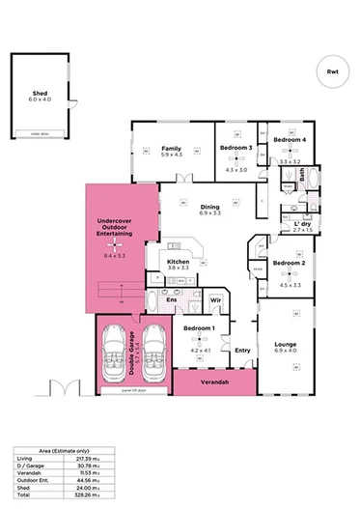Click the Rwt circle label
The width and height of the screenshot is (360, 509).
click(x=332, y=71)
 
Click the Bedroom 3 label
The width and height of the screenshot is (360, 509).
click(x=235, y=147)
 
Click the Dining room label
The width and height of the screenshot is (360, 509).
click(x=209, y=207)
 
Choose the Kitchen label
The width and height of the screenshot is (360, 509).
click(x=178, y=262)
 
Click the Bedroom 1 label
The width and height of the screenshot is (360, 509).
click(x=198, y=328)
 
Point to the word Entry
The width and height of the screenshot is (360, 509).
click(x=242, y=350)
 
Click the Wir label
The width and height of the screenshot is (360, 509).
click(x=215, y=300)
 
